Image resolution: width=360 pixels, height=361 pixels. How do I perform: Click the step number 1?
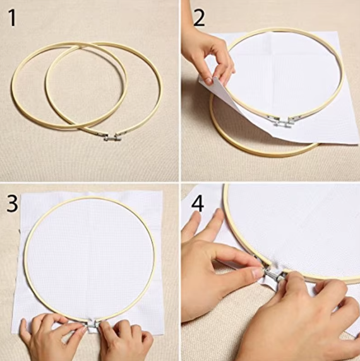pyautogui.click(x=13, y=18)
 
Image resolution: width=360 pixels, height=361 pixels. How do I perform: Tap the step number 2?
pyautogui.click(x=199, y=18)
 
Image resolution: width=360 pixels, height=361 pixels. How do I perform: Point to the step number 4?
pyautogui.click(x=198, y=204)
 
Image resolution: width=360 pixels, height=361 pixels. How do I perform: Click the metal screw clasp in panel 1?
pyautogui.click(x=112, y=137)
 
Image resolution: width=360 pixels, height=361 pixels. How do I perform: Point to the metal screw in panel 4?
pyautogui.click(x=273, y=274)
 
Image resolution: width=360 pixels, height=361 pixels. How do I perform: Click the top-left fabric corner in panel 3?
pyautogui.click(x=22, y=194)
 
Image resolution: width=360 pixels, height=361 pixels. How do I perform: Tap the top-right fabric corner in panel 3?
pyautogui.click(x=162, y=191)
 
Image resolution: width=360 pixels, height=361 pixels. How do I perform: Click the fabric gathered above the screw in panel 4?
pyautogui.click(x=277, y=266)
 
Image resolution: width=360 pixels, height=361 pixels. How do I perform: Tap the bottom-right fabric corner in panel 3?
pyautogui.click(x=164, y=334)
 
